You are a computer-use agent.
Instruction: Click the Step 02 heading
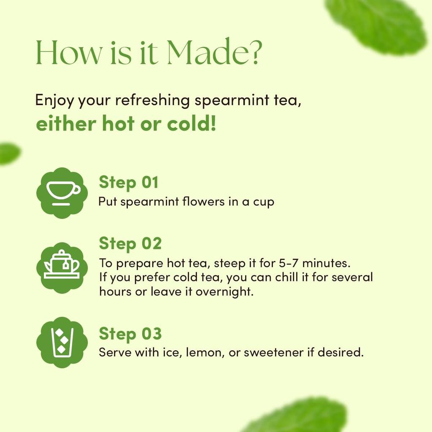(x=130, y=243)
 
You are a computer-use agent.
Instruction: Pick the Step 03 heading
(x=130, y=334)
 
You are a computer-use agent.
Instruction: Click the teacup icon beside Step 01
(x=62, y=193)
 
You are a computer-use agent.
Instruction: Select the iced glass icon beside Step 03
(x=62, y=342)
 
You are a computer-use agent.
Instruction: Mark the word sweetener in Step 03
(x=273, y=352)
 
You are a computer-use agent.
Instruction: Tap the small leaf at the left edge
(x=8, y=154)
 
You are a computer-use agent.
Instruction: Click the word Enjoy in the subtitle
(x=54, y=101)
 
